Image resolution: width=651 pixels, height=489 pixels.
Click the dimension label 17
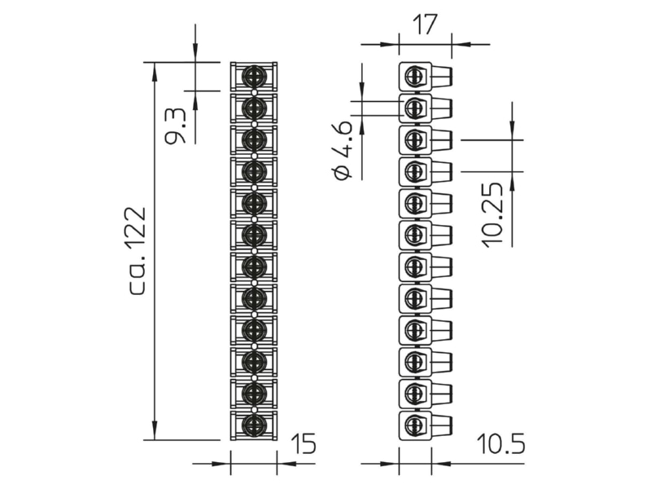(x=426, y=25)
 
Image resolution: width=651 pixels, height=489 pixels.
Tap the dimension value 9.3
(x=175, y=126)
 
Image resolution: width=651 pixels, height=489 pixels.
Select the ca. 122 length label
(x=136, y=251)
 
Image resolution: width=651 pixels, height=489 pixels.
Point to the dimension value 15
(x=304, y=443)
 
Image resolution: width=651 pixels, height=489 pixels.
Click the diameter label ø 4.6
(x=343, y=151)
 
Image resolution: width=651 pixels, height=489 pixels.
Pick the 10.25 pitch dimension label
(x=493, y=215)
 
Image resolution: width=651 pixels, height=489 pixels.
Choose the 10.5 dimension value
(x=500, y=443)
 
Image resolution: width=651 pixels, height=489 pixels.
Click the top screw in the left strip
(x=254, y=76)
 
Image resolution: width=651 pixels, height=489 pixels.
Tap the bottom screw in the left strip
(x=254, y=425)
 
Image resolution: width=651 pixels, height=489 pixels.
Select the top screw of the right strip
(x=414, y=77)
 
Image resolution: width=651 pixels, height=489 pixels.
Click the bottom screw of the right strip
(x=414, y=425)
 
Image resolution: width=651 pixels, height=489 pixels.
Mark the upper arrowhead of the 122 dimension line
(x=155, y=72)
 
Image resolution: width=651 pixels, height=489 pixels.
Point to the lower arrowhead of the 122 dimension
(x=155, y=430)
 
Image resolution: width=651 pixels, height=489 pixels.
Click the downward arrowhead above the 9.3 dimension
(x=195, y=53)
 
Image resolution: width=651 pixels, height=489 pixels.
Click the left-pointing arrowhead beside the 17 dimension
(x=461, y=44)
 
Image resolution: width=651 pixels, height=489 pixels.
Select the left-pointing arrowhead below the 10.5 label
(x=441, y=463)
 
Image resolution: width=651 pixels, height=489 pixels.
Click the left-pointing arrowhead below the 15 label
(x=286, y=463)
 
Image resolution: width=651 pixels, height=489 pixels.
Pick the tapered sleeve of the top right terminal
(x=442, y=77)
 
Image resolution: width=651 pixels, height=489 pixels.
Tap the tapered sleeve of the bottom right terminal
(x=442, y=425)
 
